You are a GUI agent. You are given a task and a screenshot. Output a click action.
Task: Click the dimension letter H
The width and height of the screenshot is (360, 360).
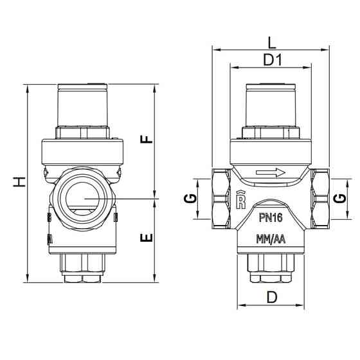(21, 183)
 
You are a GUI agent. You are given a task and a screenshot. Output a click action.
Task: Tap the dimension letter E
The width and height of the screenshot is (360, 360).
(147, 238)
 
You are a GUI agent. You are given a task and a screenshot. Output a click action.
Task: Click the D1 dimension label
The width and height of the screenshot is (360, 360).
(273, 60)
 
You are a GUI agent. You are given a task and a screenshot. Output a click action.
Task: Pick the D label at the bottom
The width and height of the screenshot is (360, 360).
(272, 297)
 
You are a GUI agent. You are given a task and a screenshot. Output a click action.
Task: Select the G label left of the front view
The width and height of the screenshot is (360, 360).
(190, 199)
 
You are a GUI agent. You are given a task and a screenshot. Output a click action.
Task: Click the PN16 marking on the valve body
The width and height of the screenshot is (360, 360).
(271, 219)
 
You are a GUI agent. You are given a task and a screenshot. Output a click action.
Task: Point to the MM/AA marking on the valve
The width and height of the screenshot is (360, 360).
(271, 239)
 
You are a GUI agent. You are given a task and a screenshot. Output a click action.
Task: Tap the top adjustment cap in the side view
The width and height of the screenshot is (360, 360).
(83, 106)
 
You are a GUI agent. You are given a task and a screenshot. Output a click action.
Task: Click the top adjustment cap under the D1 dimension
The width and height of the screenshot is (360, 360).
(270, 106)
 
